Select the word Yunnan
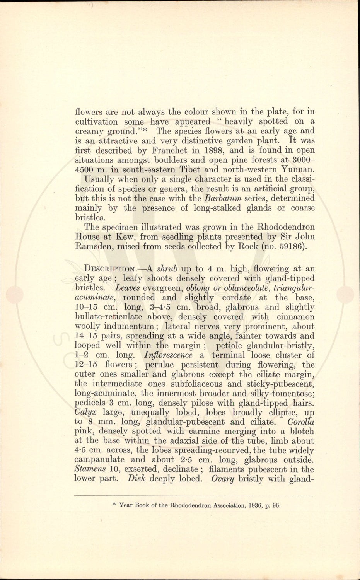pyautogui.click(x=298, y=170)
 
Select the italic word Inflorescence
pyautogui.click(x=168, y=355)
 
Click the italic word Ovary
pyautogui.click(x=222, y=479)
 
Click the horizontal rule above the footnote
pyautogui.click(x=193, y=495)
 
